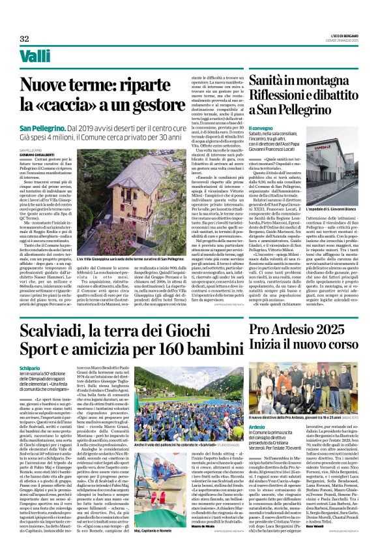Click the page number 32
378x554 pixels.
[x=24, y=39]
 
